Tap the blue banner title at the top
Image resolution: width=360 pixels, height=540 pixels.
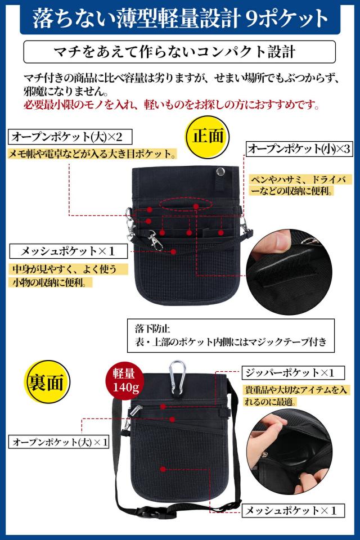point(179,19)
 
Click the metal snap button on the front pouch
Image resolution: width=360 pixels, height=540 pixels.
point(220,170)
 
